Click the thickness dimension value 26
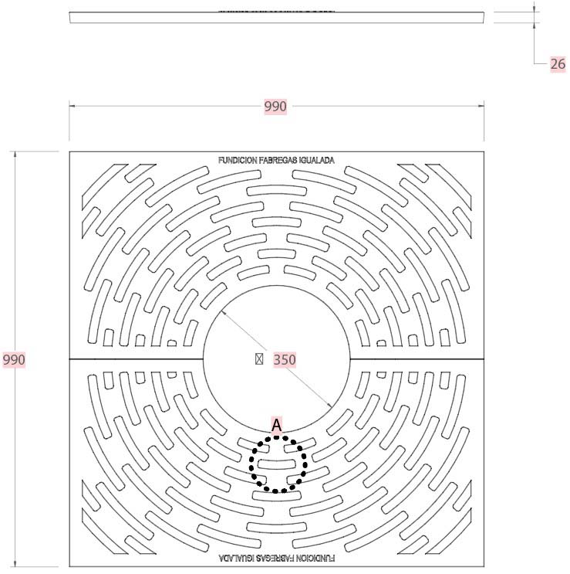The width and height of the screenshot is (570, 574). (x=557, y=64)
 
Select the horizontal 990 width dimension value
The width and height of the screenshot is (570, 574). (x=275, y=107)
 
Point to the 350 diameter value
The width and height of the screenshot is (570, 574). (x=285, y=359)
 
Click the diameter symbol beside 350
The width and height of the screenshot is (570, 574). (x=260, y=359)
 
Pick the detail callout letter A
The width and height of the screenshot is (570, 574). (x=277, y=424)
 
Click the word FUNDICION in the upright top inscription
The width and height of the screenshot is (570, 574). (x=238, y=161)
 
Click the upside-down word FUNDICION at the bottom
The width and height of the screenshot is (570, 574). (x=317, y=557)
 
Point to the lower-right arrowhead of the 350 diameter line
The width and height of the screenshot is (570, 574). (x=328, y=406)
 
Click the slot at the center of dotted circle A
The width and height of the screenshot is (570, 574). (x=278, y=464)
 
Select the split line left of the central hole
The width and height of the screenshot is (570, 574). (x=136, y=360)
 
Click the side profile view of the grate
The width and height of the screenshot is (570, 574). (x=278, y=18)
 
